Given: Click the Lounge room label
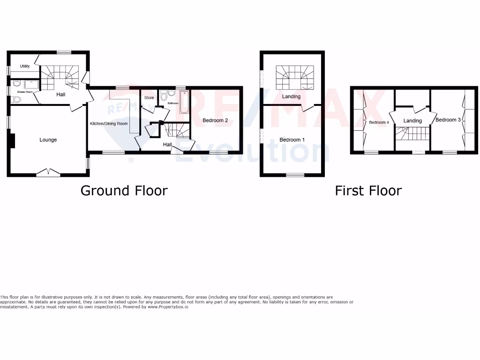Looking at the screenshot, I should pos(48,140).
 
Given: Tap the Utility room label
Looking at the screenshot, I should pos(24,66).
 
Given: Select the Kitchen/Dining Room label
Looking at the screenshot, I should pos(109,124).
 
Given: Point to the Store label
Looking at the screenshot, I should pos(149,98).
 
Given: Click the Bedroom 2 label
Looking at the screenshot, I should pos(215,120).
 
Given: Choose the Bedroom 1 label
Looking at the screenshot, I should pos(292,140).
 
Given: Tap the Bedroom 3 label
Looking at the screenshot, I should pos(448,120).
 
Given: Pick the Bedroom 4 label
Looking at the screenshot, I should pos(379,123).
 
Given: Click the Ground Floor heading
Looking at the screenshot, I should pos(124,191).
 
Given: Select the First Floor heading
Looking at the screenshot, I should pos(368,191).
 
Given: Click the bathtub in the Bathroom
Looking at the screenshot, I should pos(183,103).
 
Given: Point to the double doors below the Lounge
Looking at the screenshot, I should pos(48,172).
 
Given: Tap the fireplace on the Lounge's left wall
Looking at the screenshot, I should pos(13,141).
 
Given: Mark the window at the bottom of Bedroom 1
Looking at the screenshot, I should pos(295,175).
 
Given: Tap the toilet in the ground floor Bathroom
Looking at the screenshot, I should pos(164,96).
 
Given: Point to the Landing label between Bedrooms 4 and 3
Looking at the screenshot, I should pos(412,120).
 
